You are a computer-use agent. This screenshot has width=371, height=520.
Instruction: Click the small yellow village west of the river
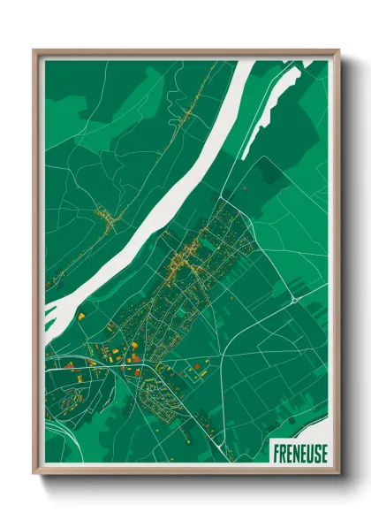pyautogui.click(x=108, y=218)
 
